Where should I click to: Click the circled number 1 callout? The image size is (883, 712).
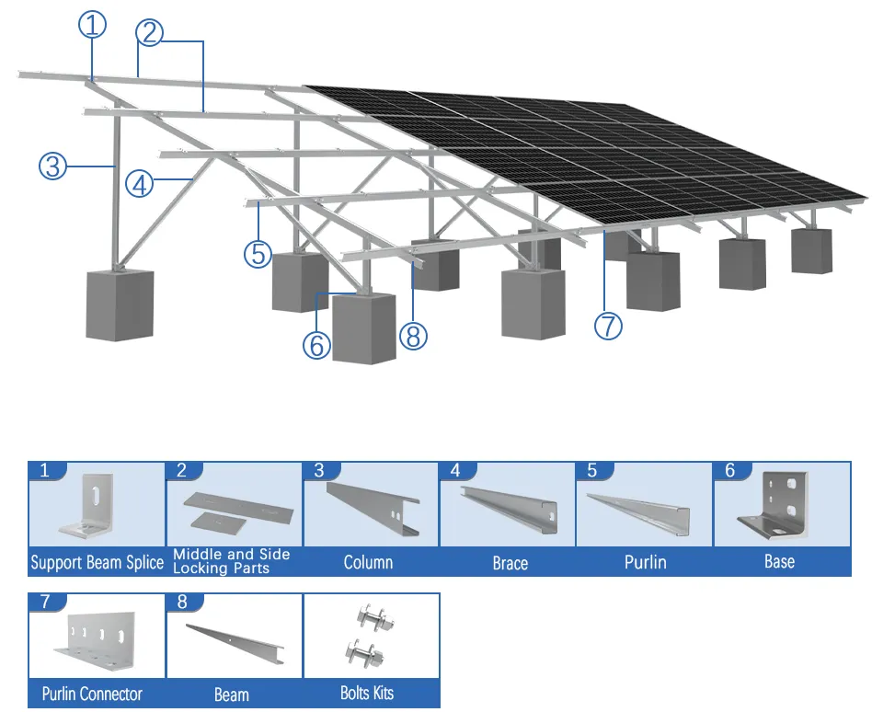[x=92, y=26]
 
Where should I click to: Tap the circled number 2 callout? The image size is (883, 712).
[x=150, y=32]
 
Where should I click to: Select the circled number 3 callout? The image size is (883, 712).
[x=53, y=167]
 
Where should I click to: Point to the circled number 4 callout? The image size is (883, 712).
[x=139, y=185]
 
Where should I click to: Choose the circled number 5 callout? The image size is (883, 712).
[x=258, y=253]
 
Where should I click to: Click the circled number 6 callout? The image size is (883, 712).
[x=316, y=344]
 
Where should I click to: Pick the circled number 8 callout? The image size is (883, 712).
[x=413, y=336]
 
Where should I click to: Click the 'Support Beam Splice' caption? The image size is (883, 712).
[x=97, y=562]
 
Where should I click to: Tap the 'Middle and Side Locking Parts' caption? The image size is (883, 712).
[x=232, y=561]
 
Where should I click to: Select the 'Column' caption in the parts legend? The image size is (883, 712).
[x=368, y=562]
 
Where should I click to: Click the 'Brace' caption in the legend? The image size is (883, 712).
[x=510, y=562]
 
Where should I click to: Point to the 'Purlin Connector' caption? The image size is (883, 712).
[x=92, y=694]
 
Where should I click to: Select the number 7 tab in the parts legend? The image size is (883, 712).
[x=48, y=603]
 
